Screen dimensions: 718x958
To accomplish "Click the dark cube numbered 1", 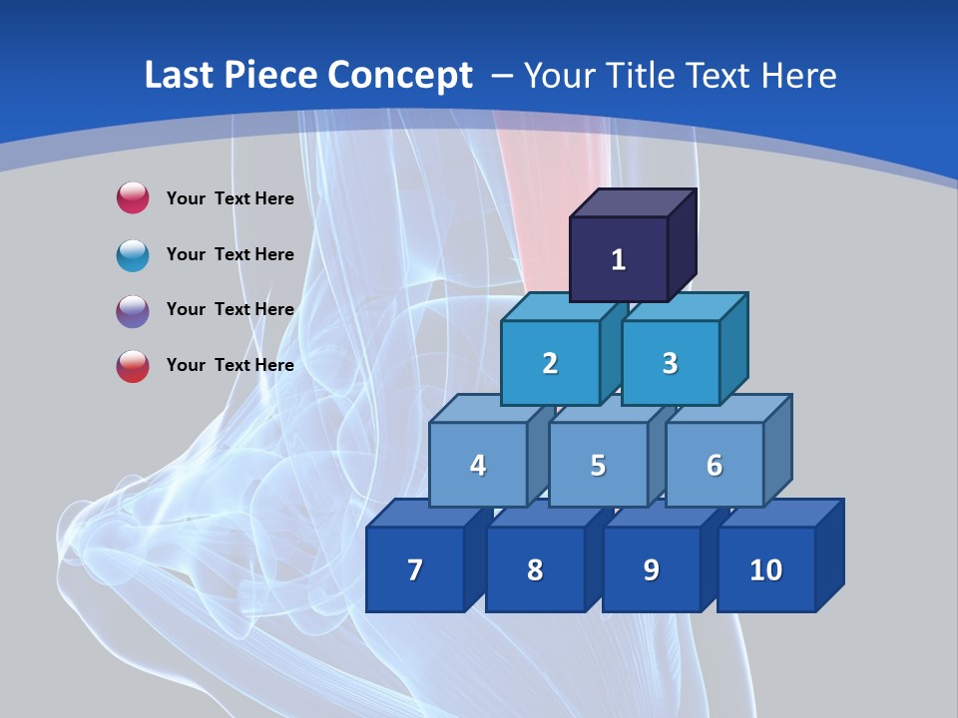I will (x=619, y=259).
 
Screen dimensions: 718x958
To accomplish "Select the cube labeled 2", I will (x=550, y=363).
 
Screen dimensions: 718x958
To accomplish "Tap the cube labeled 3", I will (x=670, y=363).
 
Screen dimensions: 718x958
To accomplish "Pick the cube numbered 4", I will (x=478, y=465).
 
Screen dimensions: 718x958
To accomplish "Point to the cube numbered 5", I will (x=598, y=465).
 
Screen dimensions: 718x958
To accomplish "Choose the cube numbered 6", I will (x=715, y=465).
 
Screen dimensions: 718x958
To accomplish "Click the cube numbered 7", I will (x=415, y=569).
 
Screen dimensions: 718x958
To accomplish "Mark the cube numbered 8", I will (x=535, y=569).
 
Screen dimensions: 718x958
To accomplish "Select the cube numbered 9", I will (x=651, y=569).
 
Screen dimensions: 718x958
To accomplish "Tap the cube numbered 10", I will (x=766, y=569).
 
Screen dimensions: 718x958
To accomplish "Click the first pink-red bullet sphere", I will (x=133, y=197).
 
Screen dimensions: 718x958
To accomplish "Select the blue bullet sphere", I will (x=133, y=254).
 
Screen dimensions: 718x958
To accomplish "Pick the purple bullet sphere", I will (x=133, y=310).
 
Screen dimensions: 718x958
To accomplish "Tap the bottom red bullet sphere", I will (x=133, y=366).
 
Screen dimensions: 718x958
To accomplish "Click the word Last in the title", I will (x=179, y=75).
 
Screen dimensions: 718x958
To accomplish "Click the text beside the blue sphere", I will (x=230, y=254).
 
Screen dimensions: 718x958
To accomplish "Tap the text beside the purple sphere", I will (x=230, y=309).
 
